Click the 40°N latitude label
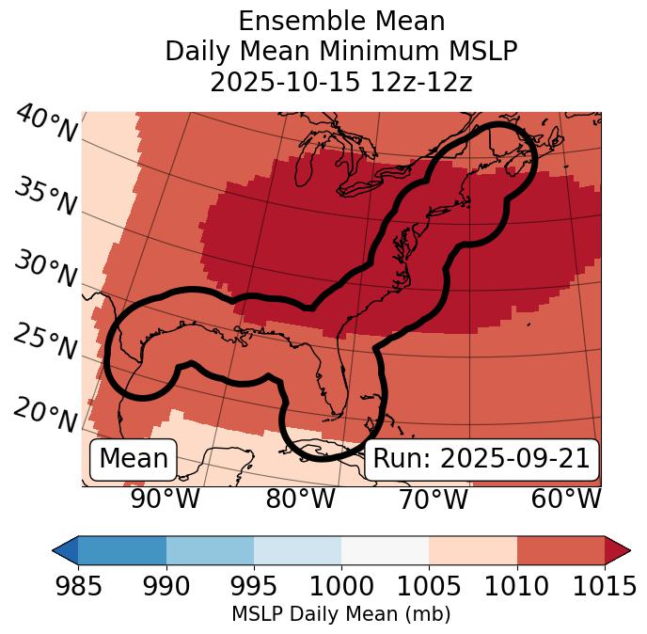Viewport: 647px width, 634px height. pos(45,125)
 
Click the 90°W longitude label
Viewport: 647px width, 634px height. pos(165,499)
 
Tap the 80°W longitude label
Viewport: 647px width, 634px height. pos(300,499)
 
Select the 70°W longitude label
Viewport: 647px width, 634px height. pos(433,499)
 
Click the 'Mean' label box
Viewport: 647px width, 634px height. pos(134,459)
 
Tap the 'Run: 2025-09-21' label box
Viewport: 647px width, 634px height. pos(481,459)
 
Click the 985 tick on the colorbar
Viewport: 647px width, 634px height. pos(78,587)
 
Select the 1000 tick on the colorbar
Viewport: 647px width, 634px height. pos(341,587)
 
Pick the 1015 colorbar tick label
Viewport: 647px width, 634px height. pos(605,587)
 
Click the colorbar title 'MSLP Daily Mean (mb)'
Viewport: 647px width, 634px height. pos(340,615)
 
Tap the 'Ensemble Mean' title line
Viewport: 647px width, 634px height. pos(340,21)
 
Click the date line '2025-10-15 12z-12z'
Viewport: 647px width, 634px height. pos(340,82)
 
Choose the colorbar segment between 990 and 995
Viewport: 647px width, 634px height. pos(210,550)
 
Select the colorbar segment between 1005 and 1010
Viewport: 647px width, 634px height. pos(473,550)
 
